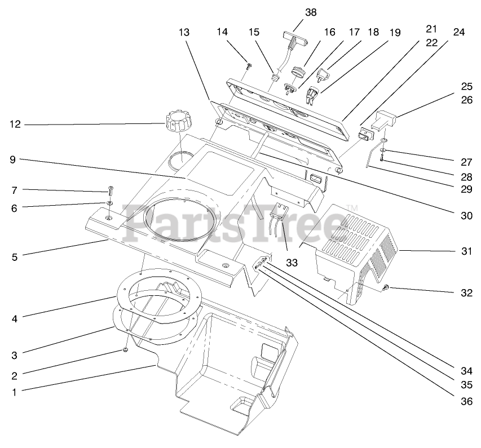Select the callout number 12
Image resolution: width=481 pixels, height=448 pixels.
click(15, 124)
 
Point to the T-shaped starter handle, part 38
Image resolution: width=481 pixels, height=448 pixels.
click(294, 41)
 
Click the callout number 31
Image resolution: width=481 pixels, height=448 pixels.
click(466, 251)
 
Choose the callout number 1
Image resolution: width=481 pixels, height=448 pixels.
click(15, 392)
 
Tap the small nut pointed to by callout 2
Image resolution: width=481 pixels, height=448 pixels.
click(125, 351)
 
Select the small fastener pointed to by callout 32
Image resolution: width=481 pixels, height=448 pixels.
click(386, 289)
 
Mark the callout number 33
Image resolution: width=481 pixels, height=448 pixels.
click(290, 246)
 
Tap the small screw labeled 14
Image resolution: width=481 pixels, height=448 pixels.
click(249, 66)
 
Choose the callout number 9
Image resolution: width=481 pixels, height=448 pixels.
click(15, 159)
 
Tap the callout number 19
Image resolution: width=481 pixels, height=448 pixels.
click(395, 33)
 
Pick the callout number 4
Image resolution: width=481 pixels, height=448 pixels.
click(15, 319)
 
